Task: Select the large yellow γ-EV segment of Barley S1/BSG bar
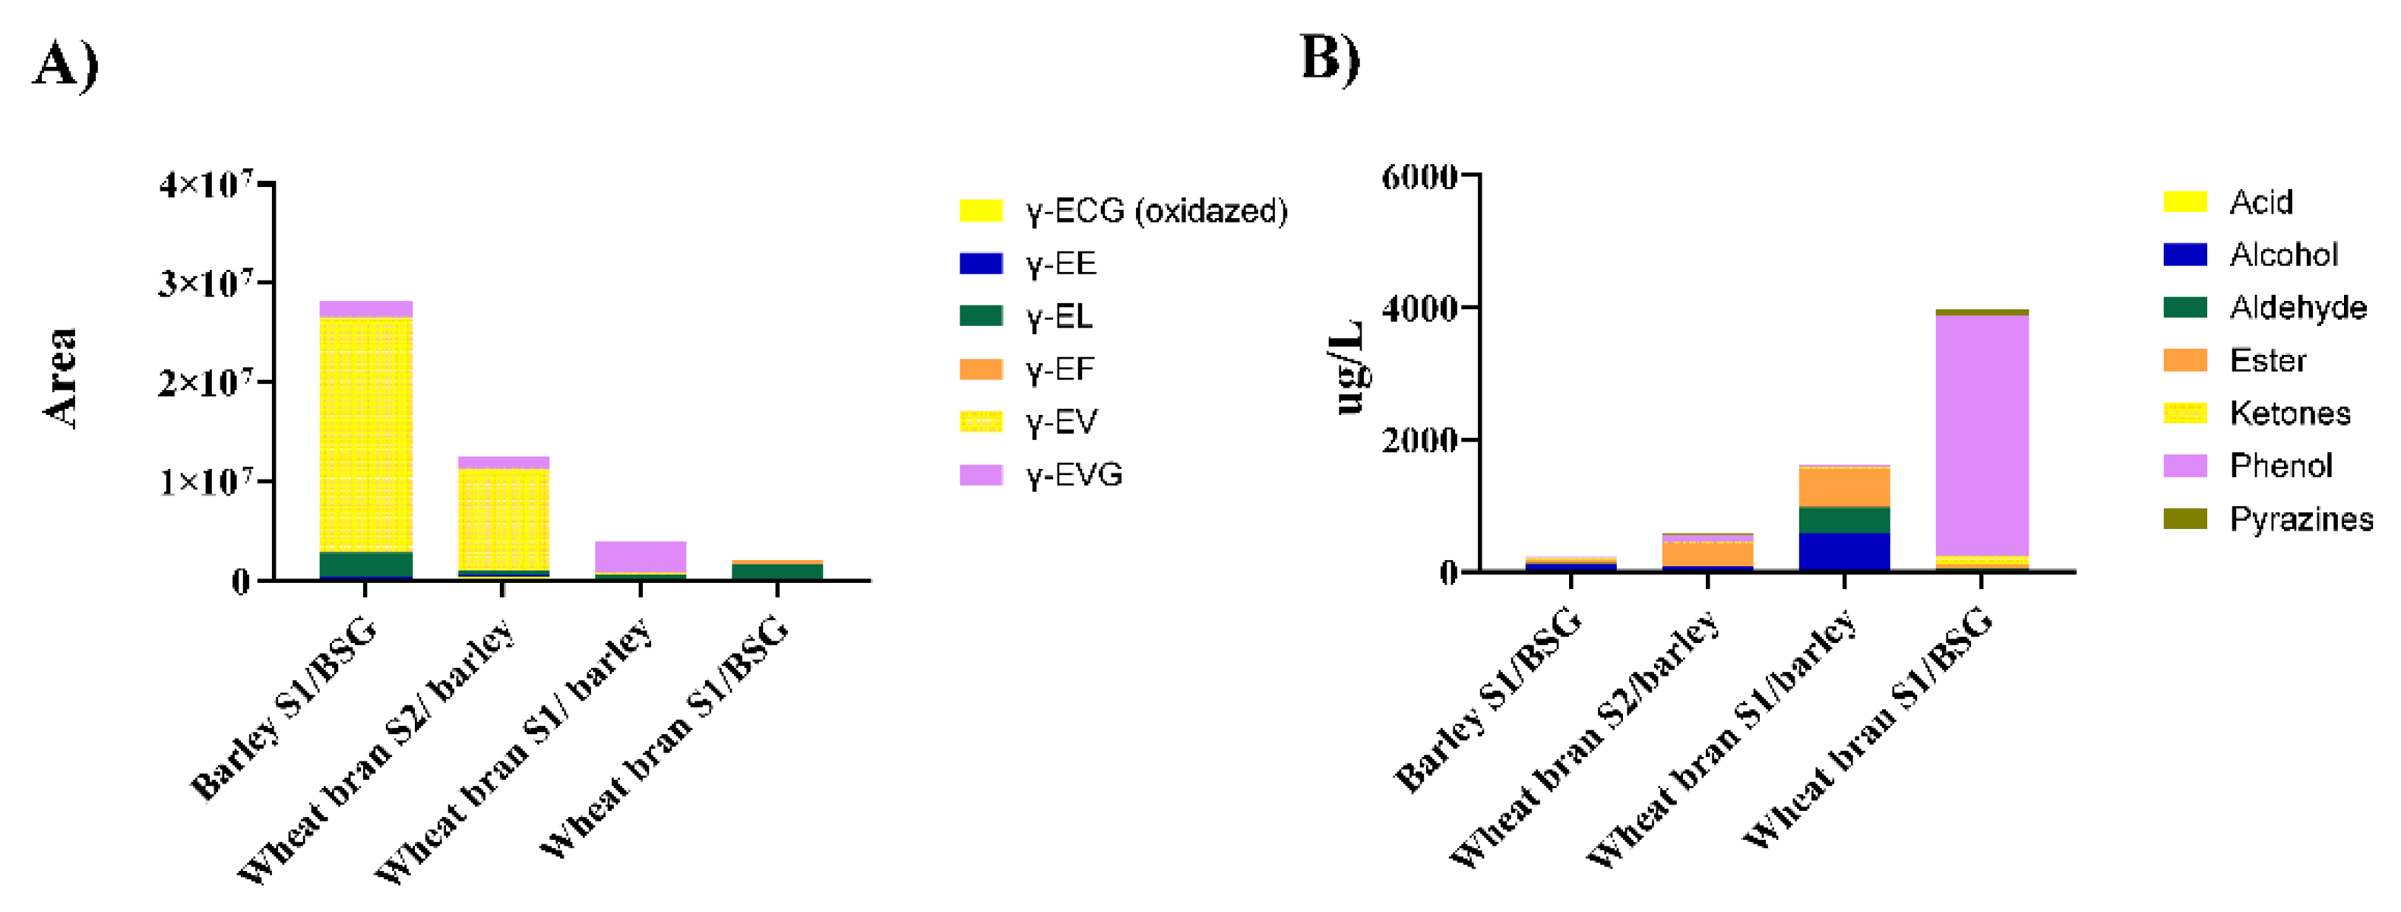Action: tap(365, 434)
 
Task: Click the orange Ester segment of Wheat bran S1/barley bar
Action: tap(1843, 486)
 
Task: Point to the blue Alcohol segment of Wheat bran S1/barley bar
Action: tap(1843, 550)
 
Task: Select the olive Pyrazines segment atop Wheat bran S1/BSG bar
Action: tap(1982, 312)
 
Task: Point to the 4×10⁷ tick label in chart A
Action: tap(205, 184)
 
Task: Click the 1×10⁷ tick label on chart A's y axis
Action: tap(205, 481)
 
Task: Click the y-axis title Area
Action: tap(62, 378)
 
